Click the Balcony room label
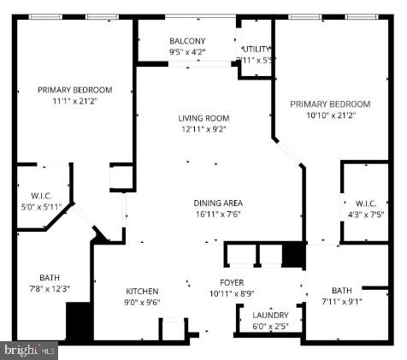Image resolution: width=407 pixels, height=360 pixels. [187, 40]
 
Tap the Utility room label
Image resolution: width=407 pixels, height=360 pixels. [257, 49]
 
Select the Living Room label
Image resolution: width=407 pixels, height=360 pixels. [203, 118]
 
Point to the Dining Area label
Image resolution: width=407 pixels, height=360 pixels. [216, 203]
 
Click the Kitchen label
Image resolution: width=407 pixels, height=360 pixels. [143, 291]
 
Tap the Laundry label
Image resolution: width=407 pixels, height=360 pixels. [270, 315]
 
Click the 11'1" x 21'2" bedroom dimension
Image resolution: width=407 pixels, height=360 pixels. [74, 101]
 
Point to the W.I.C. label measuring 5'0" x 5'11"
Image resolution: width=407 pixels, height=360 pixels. [42, 205]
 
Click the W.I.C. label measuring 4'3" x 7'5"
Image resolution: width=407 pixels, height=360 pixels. [364, 214]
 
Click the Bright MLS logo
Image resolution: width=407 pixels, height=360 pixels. [30, 349]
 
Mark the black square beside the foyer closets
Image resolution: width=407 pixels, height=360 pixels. [292, 255]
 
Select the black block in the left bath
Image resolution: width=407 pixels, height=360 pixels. [79, 323]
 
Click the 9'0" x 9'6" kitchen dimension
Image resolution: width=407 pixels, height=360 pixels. [144, 302]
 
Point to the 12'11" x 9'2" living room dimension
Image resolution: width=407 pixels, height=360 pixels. [203, 129]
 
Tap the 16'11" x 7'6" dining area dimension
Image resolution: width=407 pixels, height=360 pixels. [216, 214]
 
